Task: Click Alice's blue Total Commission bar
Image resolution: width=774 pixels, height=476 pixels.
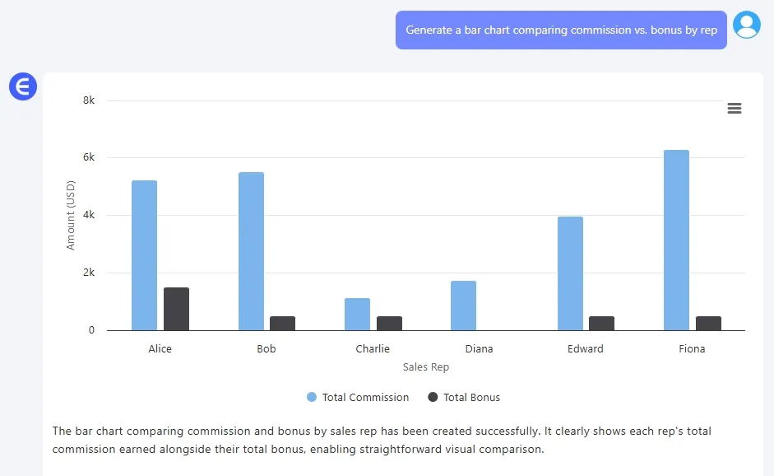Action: pos(144,255)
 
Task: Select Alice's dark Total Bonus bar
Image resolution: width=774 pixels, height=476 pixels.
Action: pos(176,309)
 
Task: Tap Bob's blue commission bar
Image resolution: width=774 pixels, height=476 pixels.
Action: pos(251,251)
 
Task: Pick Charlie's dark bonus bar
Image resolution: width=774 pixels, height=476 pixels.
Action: pos(389,323)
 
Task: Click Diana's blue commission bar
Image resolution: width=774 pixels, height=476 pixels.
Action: pos(463,306)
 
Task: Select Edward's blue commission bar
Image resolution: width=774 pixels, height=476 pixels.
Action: pos(570,273)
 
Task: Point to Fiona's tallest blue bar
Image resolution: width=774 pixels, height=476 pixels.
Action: pos(676,240)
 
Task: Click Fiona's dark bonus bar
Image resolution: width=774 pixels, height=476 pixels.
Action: pos(708,323)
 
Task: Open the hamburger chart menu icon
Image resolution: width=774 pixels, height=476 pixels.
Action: pos(735,109)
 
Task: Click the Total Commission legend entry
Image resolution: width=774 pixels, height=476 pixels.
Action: pos(358,397)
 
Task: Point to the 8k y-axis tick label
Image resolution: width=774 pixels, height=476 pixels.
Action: pos(88,100)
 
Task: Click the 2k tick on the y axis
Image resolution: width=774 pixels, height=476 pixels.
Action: pos(88,273)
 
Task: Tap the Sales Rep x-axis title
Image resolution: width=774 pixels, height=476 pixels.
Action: pos(426,367)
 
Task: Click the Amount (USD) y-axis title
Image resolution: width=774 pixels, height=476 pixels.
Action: pos(71,216)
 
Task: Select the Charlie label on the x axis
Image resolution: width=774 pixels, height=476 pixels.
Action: pos(373,348)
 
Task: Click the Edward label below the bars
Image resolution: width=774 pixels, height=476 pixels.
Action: pos(586,348)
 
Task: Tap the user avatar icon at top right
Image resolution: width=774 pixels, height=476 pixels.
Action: pos(747,25)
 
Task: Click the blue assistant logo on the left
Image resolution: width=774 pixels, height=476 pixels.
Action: pos(23,86)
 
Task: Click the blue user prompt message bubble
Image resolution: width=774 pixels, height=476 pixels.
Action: pos(561,30)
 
